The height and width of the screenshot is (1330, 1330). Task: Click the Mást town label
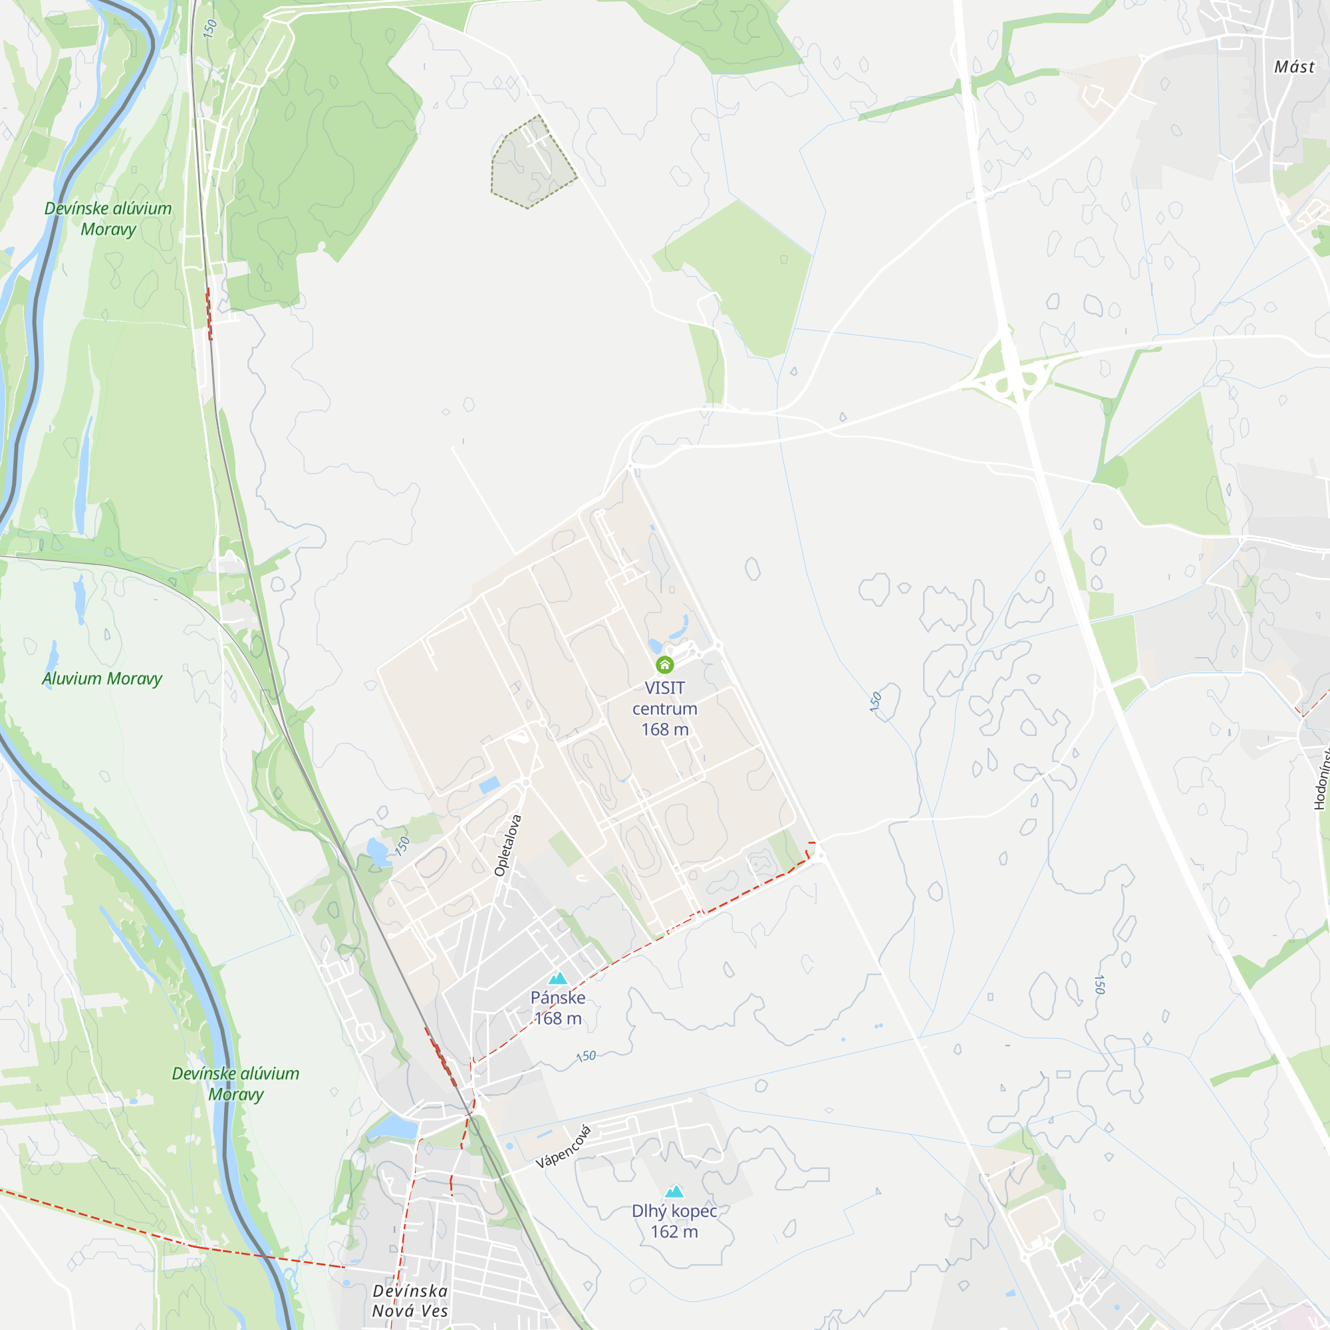[x=1294, y=66]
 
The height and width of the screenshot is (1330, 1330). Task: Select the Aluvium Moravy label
[x=102, y=679]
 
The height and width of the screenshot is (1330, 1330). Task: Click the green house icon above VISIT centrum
[x=664, y=664]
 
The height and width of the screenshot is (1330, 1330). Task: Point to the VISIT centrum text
[x=664, y=698]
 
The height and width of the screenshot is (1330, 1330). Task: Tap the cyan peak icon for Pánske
[x=558, y=978]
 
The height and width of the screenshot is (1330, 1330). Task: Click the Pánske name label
[x=558, y=997]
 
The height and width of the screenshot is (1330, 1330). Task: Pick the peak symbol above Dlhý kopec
[x=674, y=1192]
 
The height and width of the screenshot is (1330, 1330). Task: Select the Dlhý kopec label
[x=674, y=1211]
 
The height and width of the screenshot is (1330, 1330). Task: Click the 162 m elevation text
[x=674, y=1232]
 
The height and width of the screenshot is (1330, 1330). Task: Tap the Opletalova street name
[x=508, y=845]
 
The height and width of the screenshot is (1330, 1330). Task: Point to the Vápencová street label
[x=564, y=1147]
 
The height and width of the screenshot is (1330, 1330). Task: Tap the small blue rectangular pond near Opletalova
[x=489, y=785]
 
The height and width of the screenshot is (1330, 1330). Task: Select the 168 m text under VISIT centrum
[x=664, y=730]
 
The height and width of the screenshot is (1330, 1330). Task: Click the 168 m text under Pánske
[x=558, y=1018]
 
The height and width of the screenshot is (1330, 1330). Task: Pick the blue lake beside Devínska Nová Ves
[x=394, y=1127]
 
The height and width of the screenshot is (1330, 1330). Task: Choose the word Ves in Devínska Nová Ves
[x=434, y=1311]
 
